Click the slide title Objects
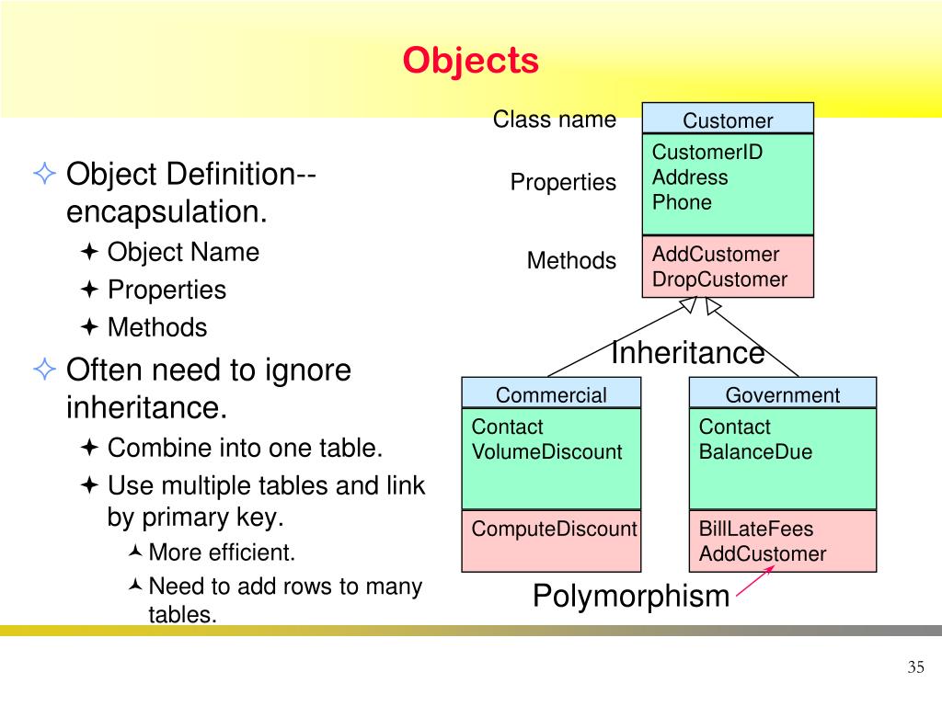470,61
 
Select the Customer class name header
728,120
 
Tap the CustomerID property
707,152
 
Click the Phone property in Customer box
682,202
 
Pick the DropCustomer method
719,279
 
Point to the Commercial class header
551,395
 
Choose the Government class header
783,395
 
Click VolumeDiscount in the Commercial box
546,451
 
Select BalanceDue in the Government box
755,451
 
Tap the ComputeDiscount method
554,529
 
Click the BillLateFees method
756,529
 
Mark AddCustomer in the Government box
763,553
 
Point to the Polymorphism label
631,596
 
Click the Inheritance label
688,352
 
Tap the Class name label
555,120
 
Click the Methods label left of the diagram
571,260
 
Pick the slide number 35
915,667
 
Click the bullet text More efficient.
222,552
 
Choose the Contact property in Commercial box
507,427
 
